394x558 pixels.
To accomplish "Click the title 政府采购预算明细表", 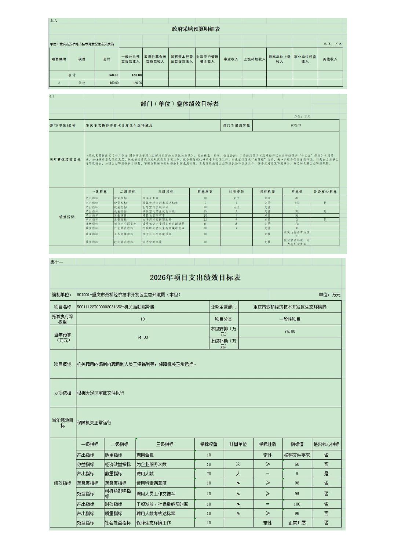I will [196, 29].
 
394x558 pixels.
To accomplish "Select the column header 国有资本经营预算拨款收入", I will [182, 59].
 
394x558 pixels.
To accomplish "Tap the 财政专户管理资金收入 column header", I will [207, 59].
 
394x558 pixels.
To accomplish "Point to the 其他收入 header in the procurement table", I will [330, 59].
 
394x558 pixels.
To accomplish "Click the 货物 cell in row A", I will [81, 83].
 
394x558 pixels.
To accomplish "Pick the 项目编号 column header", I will [59, 59].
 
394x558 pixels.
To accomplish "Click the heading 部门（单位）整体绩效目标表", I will [179, 104].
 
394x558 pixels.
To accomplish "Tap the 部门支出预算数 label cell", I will [237, 126].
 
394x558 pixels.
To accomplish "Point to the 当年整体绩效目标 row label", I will [65, 160].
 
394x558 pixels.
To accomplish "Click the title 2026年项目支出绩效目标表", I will [195, 278].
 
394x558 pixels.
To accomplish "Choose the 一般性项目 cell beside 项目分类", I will [289, 319].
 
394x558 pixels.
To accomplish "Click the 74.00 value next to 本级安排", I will [289, 331].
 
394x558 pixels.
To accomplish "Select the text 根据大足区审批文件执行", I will [101, 393].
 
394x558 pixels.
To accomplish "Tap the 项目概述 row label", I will [63, 364].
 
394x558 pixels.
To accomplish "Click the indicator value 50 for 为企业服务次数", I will [297, 464].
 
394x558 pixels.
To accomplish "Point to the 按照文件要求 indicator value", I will [297, 455].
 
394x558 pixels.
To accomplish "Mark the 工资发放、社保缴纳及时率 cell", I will [162, 504].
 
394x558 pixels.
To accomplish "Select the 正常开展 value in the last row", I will [297, 523].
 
